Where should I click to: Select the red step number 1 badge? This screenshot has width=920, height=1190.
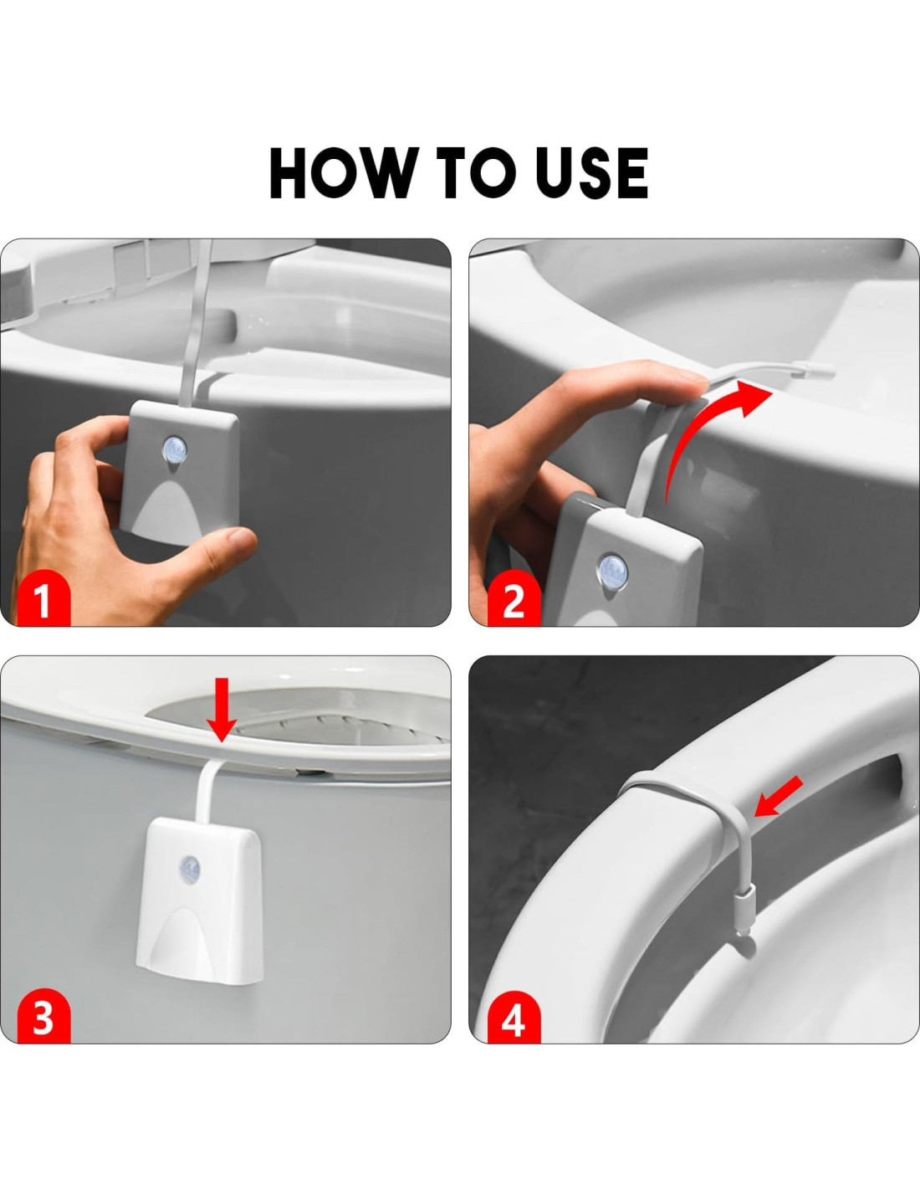pyautogui.click(x=43, y=600)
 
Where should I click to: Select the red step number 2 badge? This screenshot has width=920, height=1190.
pyautogui.click(x=514, y=600)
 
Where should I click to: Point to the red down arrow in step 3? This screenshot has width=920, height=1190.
pyautogui.click(x=221, y=710)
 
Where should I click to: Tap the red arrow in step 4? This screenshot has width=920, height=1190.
pyautogui.click(x=779, y=795)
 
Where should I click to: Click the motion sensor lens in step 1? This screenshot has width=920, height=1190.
pyautogui.click(x=175, y=450)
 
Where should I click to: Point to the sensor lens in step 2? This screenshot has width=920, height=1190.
pyautogui.click(x=613, y=570)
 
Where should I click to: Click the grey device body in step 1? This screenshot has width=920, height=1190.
pyautogui.click(x=181, y=469)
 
